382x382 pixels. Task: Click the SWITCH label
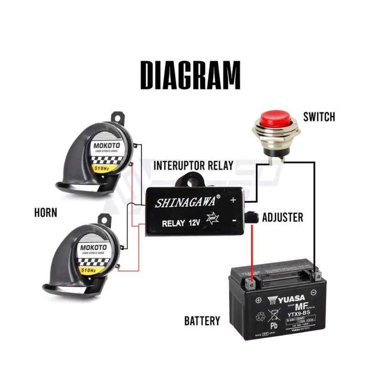319,117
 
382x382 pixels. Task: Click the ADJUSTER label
283,218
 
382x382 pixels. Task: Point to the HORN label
46,212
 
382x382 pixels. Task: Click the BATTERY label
202,320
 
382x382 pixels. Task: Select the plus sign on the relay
233,201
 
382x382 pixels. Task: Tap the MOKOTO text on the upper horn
107,142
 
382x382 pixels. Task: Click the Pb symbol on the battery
274,326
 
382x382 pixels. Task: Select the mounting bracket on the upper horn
117,117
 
